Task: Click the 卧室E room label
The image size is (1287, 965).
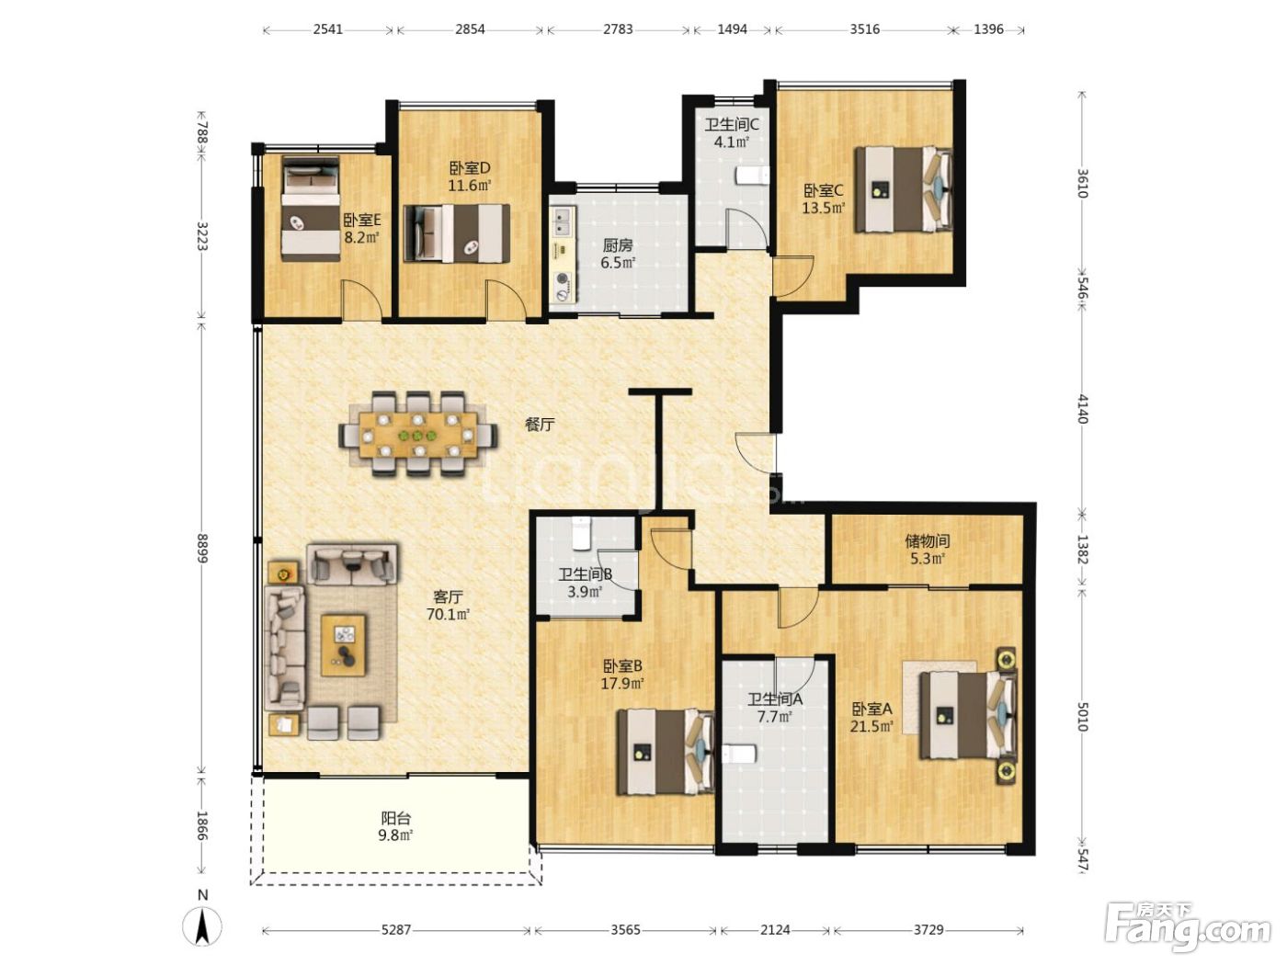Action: point(362,221)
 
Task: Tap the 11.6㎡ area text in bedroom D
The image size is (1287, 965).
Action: point(469,186)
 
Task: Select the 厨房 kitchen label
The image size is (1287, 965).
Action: point(618,245)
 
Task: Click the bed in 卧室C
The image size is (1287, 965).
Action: point(903,188)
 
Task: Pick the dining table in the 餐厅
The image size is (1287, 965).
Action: point(418,434)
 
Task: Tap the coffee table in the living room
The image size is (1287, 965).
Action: point(343,644)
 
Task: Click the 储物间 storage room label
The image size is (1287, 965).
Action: point(927,540)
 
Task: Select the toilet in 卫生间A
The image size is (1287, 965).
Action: point(739,753)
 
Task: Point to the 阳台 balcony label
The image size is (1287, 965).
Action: point(396,817)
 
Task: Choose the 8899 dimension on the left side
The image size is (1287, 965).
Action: point(202,548)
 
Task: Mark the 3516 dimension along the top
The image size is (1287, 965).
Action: point(865,29)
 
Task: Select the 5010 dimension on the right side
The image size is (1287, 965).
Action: point(1082,715)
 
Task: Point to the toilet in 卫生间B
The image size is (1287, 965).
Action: point(581,533)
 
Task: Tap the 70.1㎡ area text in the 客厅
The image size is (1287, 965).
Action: point(448,615)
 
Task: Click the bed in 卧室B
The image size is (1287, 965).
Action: point(666,752)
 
